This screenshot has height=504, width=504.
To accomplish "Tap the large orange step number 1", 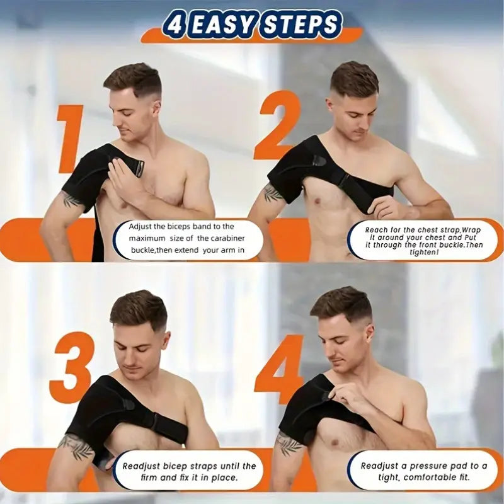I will click(70, 139).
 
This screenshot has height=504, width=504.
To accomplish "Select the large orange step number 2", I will click(277, 125).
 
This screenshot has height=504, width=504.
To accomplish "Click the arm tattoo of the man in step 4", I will click(289, 444).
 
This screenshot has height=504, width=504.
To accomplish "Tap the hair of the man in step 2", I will click(353, 79).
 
